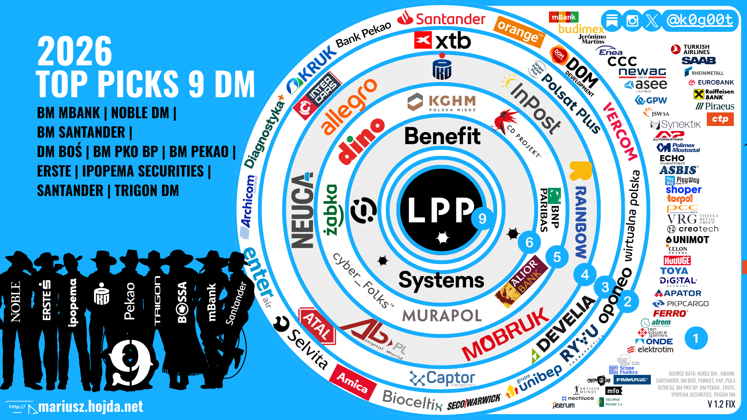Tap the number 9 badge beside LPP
pyautogui.click(x=482, y=219)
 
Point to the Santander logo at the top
pyautogui.click(x=442, y=18)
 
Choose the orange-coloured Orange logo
pyautogui.click(x=519, y=31)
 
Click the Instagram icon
pyautogui.click(x=632, y=21)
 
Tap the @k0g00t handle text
pyautogui.click(x=700, y=20)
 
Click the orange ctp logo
pyautogui.click(x=720, y=119)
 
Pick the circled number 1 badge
pyautogui.click(x=696, y=338)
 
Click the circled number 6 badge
pyautogui.click(x=529, y=243)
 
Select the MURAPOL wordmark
pyautogui.click(x=442, y=315)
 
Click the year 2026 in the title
pyautogui.click(x=75, y=51)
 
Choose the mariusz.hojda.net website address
pyautogui.click(x=90, y=406)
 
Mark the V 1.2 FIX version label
pyautogui.click(x=721, y=404)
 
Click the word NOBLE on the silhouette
pyautogui.click(x=16, y=302)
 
